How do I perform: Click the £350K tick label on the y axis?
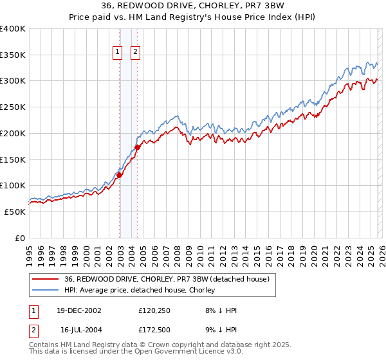(13, 55)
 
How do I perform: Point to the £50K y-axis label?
(15, 212)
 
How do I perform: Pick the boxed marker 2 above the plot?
(136, 53)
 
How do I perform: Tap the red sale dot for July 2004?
(138, 148)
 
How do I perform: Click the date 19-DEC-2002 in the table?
(80, 310)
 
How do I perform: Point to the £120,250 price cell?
(154, 310)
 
